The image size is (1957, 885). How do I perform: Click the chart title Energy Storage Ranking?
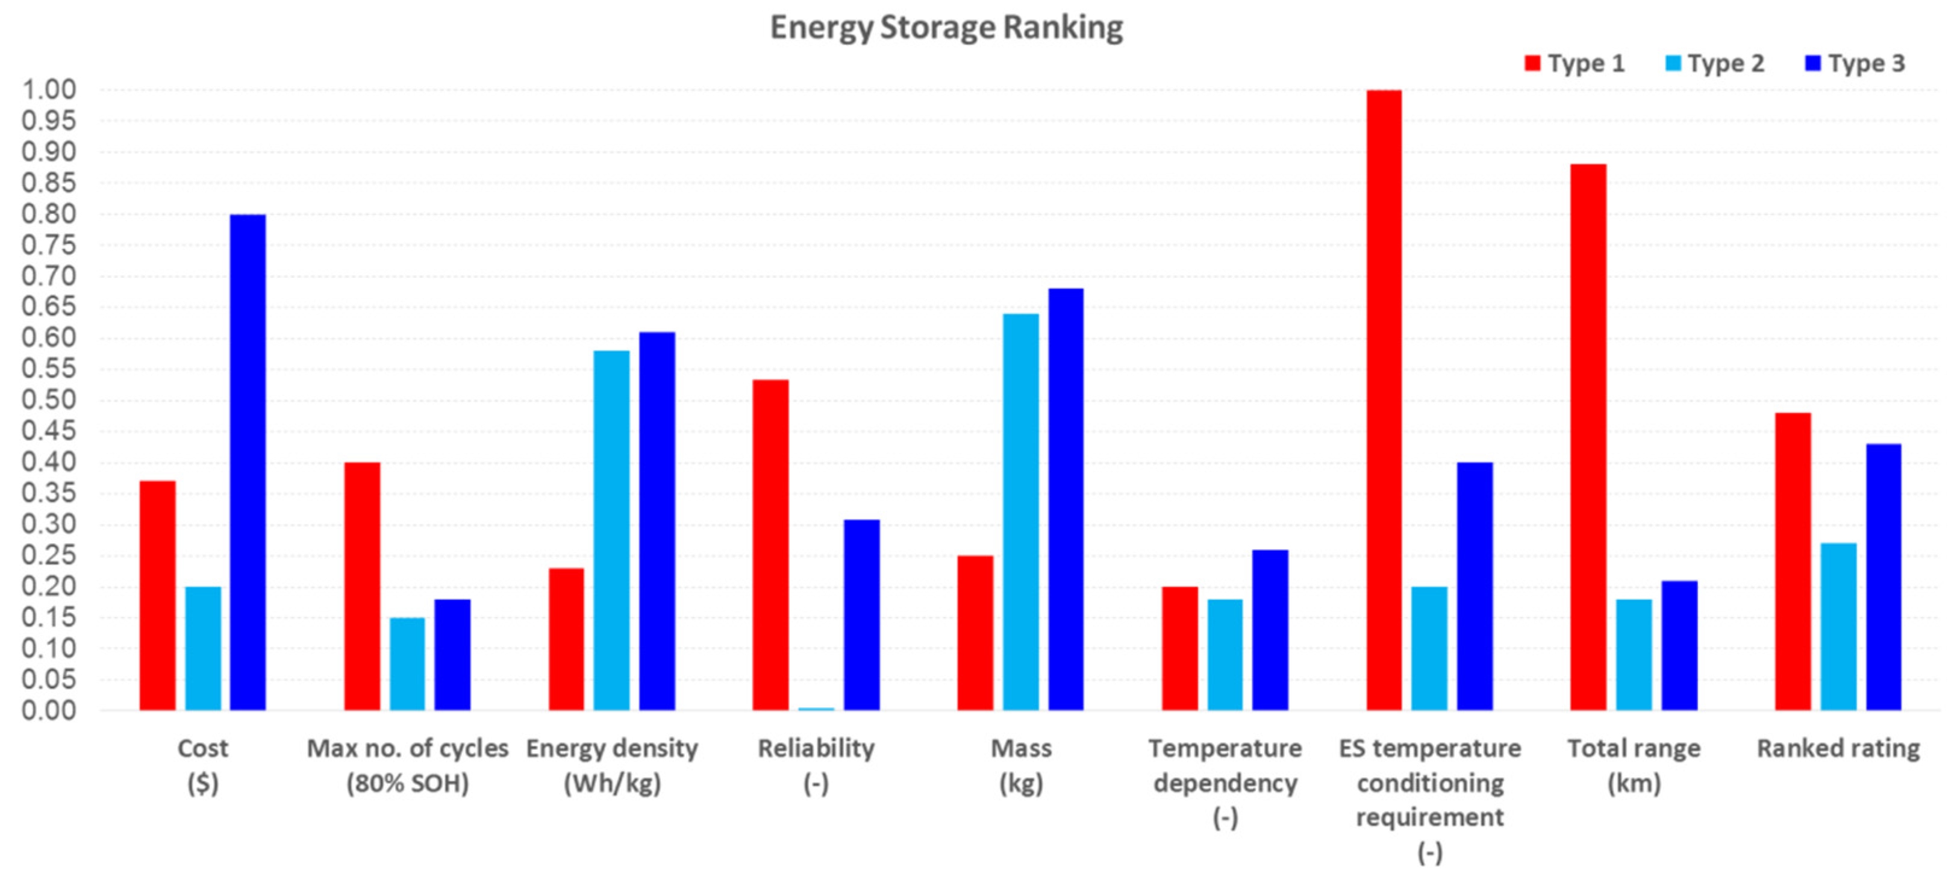[x=946, y=28]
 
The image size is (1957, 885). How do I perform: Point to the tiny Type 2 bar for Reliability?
[x=816, y=708]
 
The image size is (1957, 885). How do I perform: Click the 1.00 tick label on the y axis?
[x=49, y=90]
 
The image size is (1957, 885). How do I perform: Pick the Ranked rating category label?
[x=1838, y=748]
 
